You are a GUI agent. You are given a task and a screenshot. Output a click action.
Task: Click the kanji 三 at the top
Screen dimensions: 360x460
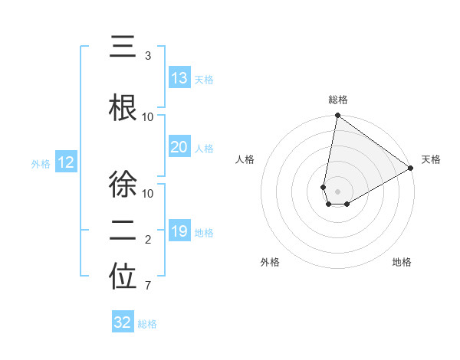point(123,47)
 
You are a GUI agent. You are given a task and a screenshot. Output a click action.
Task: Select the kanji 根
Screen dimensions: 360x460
point(123,106)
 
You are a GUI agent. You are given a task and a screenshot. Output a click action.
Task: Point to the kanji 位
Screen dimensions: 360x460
point(123,277)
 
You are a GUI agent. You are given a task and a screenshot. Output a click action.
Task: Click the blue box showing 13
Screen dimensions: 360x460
point(179,78)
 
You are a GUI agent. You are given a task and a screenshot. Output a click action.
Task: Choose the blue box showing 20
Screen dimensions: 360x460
point(179,147)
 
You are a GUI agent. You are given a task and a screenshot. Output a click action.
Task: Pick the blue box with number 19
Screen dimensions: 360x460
point(179,231)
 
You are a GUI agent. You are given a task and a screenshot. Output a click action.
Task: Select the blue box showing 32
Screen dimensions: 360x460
point(123,322)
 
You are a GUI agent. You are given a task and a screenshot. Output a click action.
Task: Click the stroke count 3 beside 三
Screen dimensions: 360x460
point(148,56)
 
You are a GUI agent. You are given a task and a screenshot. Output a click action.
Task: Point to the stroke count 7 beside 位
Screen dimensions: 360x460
point(148,286)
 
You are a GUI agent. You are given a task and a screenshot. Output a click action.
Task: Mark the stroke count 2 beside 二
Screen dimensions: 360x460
point(148,240)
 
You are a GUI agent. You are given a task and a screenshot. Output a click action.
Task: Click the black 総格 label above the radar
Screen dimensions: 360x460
point(338,100)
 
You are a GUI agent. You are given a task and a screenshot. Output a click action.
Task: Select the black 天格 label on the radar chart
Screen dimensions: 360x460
point(431,159)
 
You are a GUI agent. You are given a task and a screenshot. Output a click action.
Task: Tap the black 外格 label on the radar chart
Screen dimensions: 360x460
point(270,262)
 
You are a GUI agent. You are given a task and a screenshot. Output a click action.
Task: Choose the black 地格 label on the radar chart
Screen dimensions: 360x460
point(402,262)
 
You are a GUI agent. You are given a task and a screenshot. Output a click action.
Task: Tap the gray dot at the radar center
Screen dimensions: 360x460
point(337,191)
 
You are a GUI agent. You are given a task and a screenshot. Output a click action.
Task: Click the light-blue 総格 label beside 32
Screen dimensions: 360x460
point(147,324)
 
